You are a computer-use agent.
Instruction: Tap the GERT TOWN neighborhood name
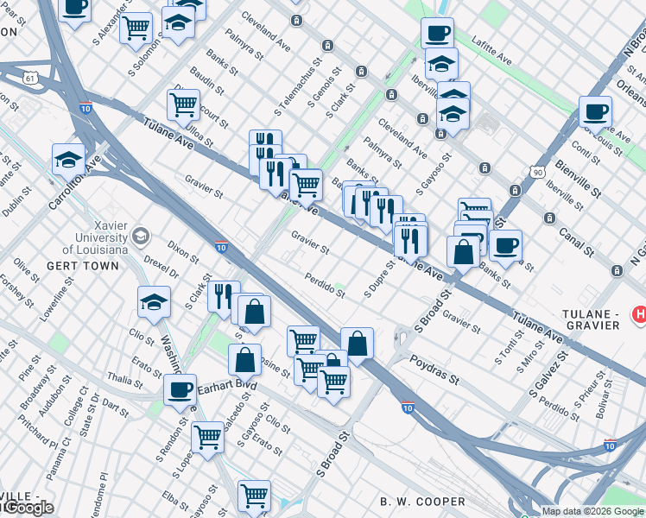(84, 266)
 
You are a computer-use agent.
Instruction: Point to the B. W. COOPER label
(422, 502)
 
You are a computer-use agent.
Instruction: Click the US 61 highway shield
(31, 78)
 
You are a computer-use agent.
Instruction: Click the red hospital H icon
(638, 312)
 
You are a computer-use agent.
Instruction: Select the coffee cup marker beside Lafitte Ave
(437, 34)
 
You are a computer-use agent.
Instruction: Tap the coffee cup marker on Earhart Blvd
(180, 389)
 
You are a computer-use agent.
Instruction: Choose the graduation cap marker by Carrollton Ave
(68, 160)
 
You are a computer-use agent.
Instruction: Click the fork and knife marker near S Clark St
(223, 296)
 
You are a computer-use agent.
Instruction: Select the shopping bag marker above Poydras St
(357, 344)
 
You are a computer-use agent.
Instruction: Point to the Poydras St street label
(434, 369)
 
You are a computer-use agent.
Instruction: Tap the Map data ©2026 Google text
(592, 511)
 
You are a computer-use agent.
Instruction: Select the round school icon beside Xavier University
(139, 236)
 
